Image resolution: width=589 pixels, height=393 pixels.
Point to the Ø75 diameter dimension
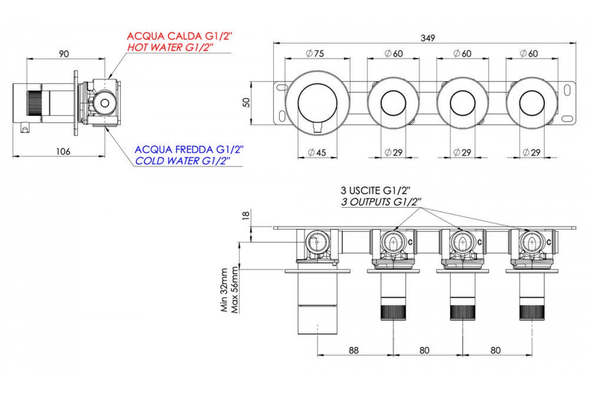click(x=315, y=54)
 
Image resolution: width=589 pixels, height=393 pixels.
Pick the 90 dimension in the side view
click(x=64, y=54)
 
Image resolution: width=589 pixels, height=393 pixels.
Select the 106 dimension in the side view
click(x=62, y=151)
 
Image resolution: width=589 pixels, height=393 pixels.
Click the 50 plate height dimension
click(x=247, y=102)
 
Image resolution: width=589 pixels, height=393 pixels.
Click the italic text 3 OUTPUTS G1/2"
click(x=380, y=201)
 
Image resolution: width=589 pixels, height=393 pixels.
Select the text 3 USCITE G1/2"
click(x=373, y=190)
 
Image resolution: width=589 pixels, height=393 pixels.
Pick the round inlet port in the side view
click(x=104, y=103)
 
